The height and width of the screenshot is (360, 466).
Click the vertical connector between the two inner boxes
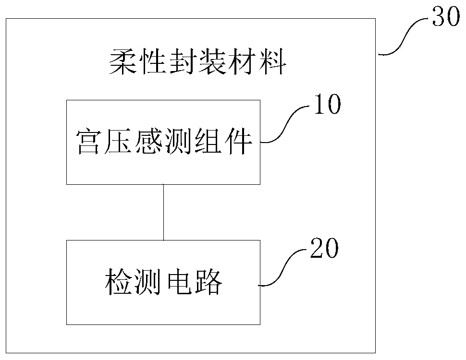(163, 212)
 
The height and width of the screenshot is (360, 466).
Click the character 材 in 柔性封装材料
(241, 62)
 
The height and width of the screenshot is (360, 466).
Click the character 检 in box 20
(118, 283)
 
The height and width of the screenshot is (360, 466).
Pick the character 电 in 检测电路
(179, 283)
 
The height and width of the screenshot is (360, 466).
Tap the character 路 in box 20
(208, 283)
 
